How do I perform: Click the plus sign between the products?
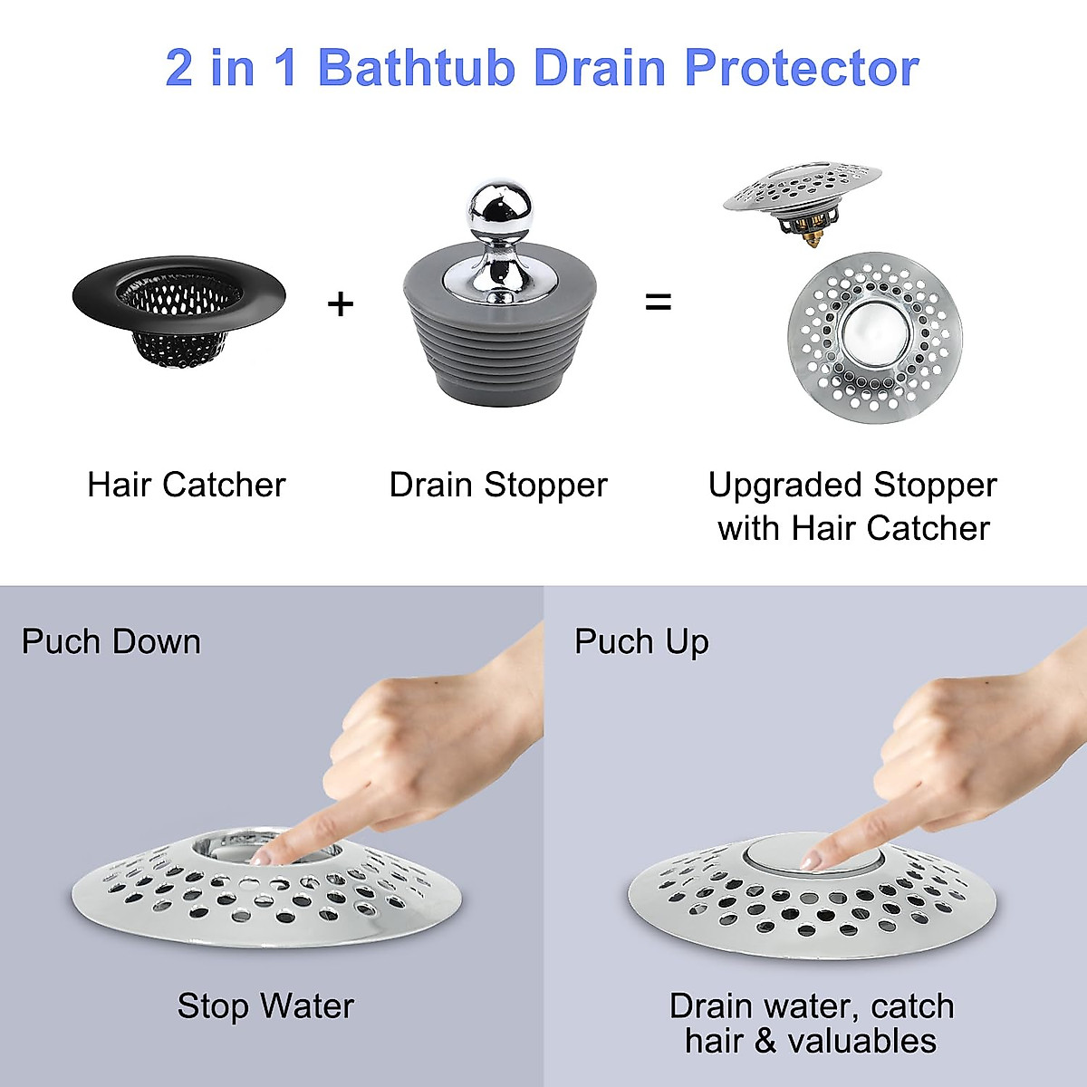pos(340,303)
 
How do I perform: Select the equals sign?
pos(658,303)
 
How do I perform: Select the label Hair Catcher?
pos(186,485)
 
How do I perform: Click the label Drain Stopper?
pos(497,485)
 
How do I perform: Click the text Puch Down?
pos(111,641)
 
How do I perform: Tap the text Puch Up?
pos(640,641)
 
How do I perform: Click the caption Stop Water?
pos(265,1005)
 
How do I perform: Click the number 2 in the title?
pos(179,68)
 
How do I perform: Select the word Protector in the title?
pos(801,68)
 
